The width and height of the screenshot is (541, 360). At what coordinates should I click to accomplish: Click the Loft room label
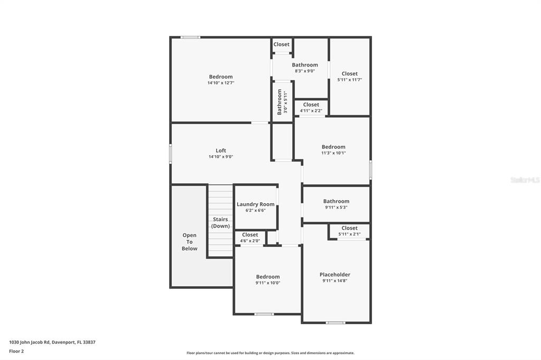[221, 150]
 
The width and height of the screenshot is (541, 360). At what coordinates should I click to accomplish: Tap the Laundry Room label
[256, 204]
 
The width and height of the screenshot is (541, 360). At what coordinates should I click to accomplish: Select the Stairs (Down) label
[220, 223]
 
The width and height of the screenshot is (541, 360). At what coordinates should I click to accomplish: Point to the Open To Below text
[190, 242]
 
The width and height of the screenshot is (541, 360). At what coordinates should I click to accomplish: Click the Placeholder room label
[335, 274]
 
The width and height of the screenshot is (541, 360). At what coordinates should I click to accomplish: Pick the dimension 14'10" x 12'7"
[221, 83]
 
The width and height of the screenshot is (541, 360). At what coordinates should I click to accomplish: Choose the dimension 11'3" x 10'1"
[333, 153]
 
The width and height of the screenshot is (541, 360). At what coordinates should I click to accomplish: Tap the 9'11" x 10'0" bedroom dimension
[268, 283]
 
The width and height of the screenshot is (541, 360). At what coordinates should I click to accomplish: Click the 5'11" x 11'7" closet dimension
[350, 80]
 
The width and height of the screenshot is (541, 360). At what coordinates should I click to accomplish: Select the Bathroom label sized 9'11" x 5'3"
[336, 201]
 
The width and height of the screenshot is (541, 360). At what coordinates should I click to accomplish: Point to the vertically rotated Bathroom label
[279, 101]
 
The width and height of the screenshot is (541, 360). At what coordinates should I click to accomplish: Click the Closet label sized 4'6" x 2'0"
[250, 235]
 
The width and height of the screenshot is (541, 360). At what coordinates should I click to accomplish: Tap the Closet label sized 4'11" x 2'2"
[311, 105]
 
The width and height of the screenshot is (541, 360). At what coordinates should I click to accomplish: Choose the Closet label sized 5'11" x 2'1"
[349, 228]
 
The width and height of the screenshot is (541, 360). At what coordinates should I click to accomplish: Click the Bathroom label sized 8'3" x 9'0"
[305, 65]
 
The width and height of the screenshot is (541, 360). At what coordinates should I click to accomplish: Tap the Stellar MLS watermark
[525, 180]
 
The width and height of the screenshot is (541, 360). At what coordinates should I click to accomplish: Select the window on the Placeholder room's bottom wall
[335, 323]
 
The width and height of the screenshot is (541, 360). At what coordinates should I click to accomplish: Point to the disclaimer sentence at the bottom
[270, 353]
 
